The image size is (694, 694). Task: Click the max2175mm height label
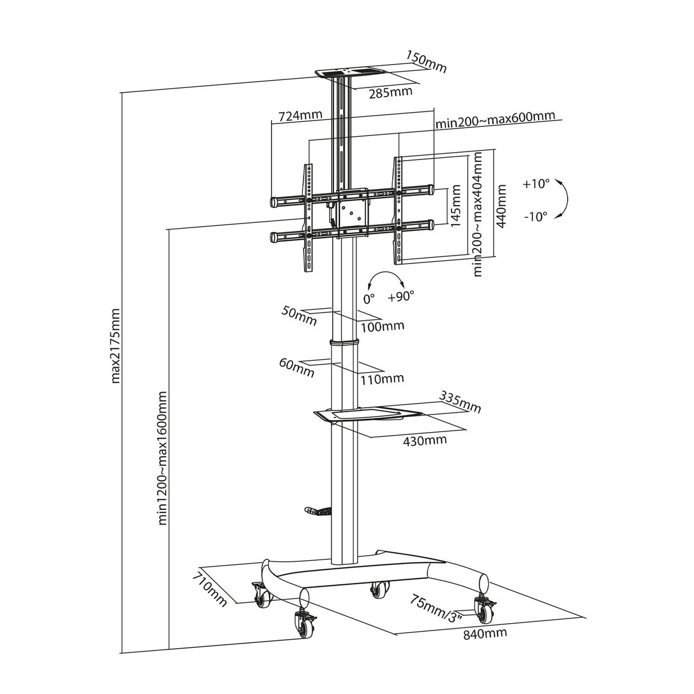pyautogui.click(x=116, y=345)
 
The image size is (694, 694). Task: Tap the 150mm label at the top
pyautogui.click(x=426, y=61)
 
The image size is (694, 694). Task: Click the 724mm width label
pyautogui.click(x=300, y=116)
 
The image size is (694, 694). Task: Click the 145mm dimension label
pyautogui.click(x=456, y=206)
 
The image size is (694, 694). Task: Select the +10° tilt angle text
pyautogui.click(x=536, y=184)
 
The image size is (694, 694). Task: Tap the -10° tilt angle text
pyautogui.click(x=536, y=216)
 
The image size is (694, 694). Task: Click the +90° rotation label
pyautogui.click(x=401, y=297)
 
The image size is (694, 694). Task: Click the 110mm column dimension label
pyautogui.click(x=382, y=378)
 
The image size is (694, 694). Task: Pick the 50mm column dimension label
pyautogui.click(x=298, y=315)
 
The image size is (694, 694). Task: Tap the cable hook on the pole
pyautogui.click(x=317, y=511)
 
